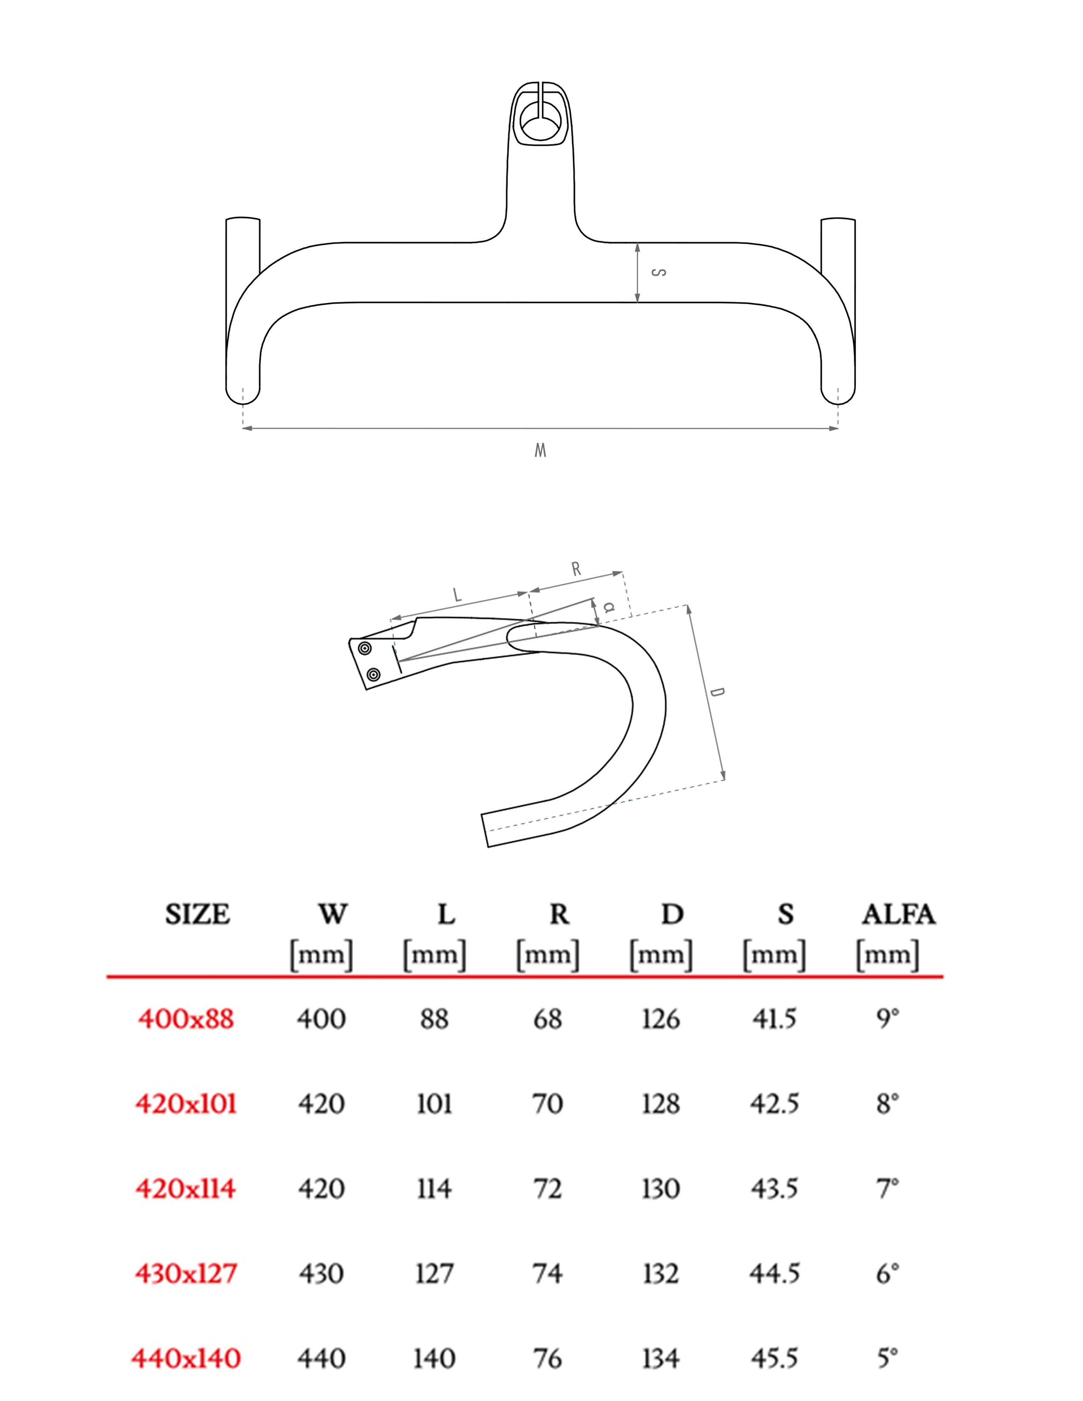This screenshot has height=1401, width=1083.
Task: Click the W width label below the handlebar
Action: [x=540, y=450]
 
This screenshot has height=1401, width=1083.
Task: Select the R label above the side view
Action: [x=576, y=569]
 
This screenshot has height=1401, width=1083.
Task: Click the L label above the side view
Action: [x=457, y=595]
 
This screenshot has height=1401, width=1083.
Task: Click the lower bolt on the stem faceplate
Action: [x=373, y=674]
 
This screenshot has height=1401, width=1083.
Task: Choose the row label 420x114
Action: [x=186, y=1189]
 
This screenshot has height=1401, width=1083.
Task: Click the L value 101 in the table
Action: [x=434, y=1104]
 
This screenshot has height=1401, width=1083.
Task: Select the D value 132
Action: [x=661, y=1273]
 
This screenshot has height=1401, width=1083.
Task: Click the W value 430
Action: [x=321, y=1273]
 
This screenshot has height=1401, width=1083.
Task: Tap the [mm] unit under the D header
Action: [x=661, y=955]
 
